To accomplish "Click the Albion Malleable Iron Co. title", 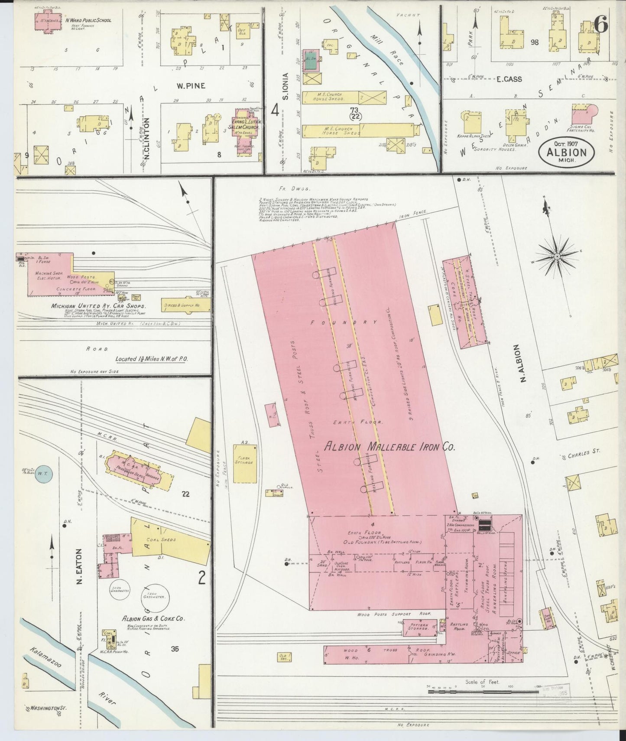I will click(x=390, y=447).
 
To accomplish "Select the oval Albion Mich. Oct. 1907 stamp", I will click(x=567, y=152).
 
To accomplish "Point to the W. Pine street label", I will click(x=191, y=86).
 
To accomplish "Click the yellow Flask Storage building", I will click(x=245, y=463).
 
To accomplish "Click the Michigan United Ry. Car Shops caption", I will click(x=99, y=306).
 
